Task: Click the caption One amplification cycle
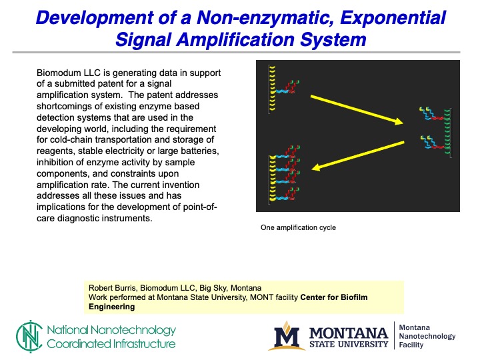[x=298, y=227]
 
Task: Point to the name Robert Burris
[x=113, y=287]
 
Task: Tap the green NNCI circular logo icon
[x=28, y=337]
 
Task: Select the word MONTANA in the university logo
[x=347, y=332]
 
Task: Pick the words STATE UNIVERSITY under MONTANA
[x=347, y=344]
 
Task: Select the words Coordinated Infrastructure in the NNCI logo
[x=111, y=344]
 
